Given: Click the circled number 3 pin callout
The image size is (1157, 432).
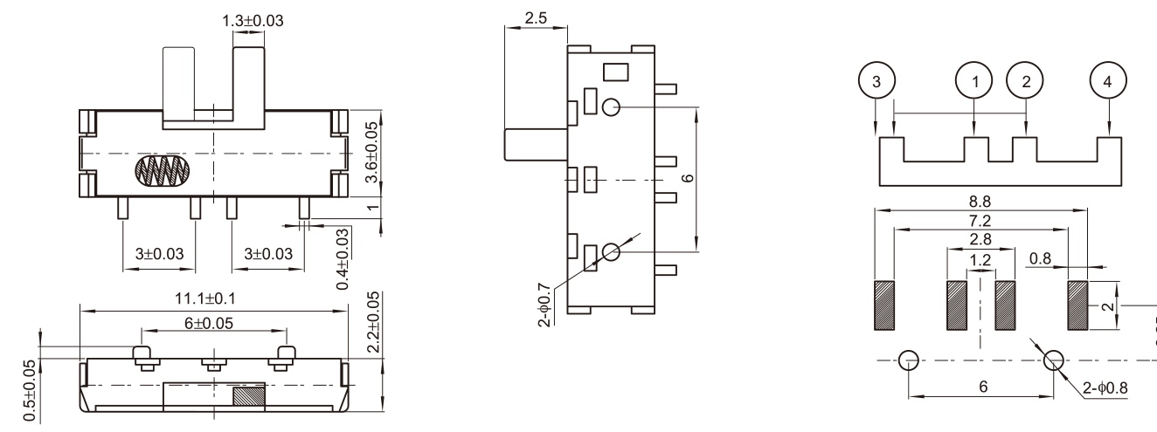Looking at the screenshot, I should pyautogui.click(x=876, y=81).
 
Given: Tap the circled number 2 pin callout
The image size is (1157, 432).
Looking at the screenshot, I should pyautogui.click(x=1026, y=81).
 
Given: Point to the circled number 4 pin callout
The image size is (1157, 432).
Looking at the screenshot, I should pyautogui.click(x=1109, y=81).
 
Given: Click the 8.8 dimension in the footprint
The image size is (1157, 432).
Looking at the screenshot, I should pyautogui.click(x=983, y=201).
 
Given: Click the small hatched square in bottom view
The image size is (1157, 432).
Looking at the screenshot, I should pyautogui.click(x=248, y=395).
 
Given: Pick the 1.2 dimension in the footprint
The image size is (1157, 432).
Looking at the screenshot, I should pyautogui.click(x=980, y=260).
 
